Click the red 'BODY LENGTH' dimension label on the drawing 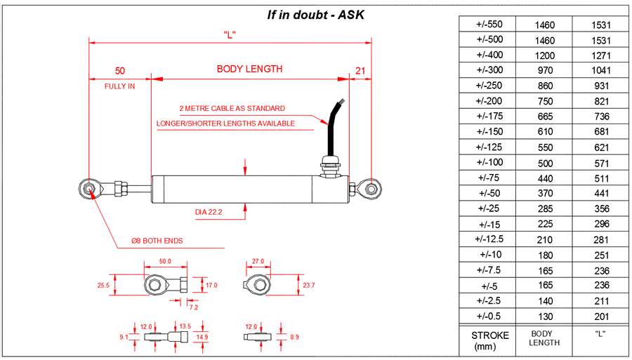coord(249,69)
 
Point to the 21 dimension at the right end coord(360,70)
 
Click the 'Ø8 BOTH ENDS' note coord(157,241)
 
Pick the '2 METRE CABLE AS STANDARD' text coord(232,109)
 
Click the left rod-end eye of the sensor coord(89,188)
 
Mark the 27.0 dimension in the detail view coord(258,261)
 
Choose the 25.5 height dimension coord(104,286)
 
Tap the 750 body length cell coord(544,101)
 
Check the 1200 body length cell coord(544,55)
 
